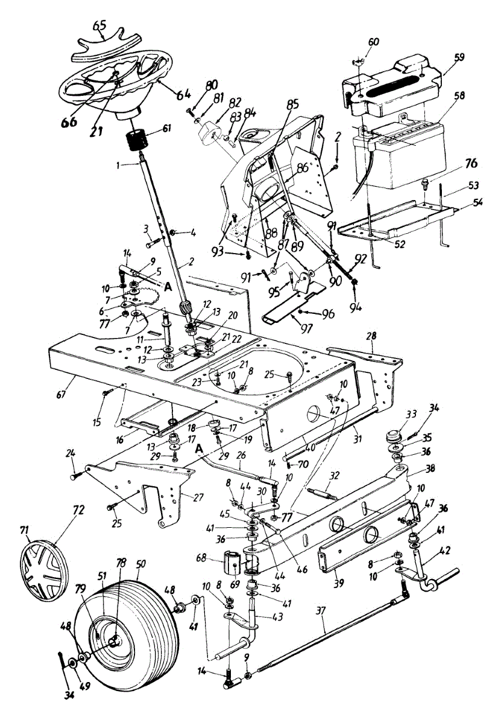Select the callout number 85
[x=292, y=104]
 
